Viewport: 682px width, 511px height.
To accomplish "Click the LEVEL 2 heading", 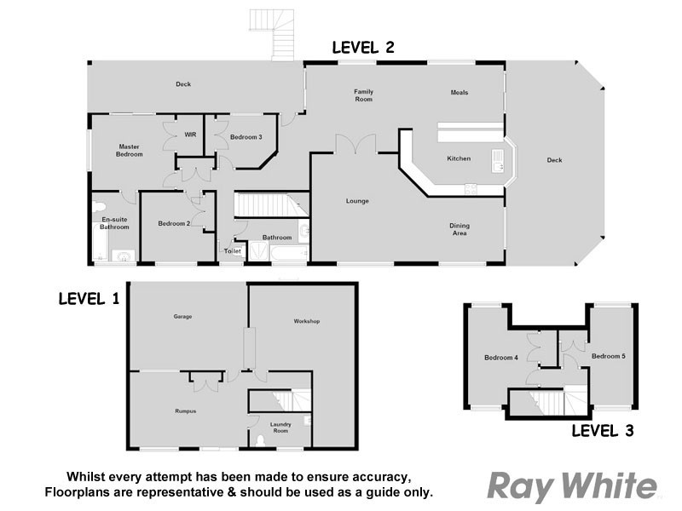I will [x=362, y=48].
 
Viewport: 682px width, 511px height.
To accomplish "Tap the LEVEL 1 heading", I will [x=90, y=299].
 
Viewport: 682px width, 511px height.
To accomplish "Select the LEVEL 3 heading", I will [x=602, y=431].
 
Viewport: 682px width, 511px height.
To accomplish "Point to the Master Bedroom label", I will [x=130, y=151].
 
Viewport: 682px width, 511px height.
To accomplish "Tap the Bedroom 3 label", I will [x=246, y=137].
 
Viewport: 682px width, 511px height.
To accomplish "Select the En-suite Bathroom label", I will [x=114, y=224].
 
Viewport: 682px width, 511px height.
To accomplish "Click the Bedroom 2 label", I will [x=173, y=223].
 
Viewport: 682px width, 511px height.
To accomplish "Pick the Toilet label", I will [x=232, y=251].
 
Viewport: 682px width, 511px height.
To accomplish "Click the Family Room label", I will [x=364, y=95].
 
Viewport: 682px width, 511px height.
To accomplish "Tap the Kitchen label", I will [x=459, y=159].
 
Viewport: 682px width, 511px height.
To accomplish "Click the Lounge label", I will [x=356, y=201].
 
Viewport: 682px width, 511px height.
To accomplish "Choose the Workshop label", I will [x=306, y=321].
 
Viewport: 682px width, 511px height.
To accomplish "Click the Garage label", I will [x=182, y=317].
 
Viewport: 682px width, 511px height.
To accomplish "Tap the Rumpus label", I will [x=186, y=411].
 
